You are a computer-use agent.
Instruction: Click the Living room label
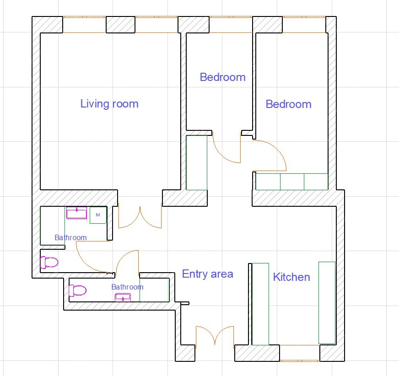coord(109,104)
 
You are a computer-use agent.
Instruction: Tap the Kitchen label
coord(291,277)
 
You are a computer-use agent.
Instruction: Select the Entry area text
coord(208,274)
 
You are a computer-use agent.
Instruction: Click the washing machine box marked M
coord(98,215)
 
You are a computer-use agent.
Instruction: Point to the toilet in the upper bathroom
coord(49,262)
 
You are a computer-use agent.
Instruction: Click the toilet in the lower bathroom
coord(78,290)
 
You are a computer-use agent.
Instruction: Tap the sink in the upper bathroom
coord(76,213)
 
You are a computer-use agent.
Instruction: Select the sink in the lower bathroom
coord(123,297)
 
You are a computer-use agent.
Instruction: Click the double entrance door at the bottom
coord(215,336)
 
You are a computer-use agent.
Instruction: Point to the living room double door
coord(140,218)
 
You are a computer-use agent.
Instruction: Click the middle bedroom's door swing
coord(226,148)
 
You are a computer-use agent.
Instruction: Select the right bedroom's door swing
coord(270,156)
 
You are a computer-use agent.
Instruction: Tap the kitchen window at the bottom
coord(300,353)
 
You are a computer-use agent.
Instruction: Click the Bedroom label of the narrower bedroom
coord(223,77)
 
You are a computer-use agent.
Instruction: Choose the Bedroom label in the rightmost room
coord(289,104)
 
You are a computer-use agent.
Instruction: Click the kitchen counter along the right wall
coord(327,303)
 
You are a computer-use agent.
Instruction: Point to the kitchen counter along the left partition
coord(260,304)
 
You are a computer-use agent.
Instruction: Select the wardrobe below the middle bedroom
coord(196,162)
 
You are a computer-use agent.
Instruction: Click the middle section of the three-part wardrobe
coord(292,182)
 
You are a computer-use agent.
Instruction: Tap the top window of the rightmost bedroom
coord(304,25)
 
